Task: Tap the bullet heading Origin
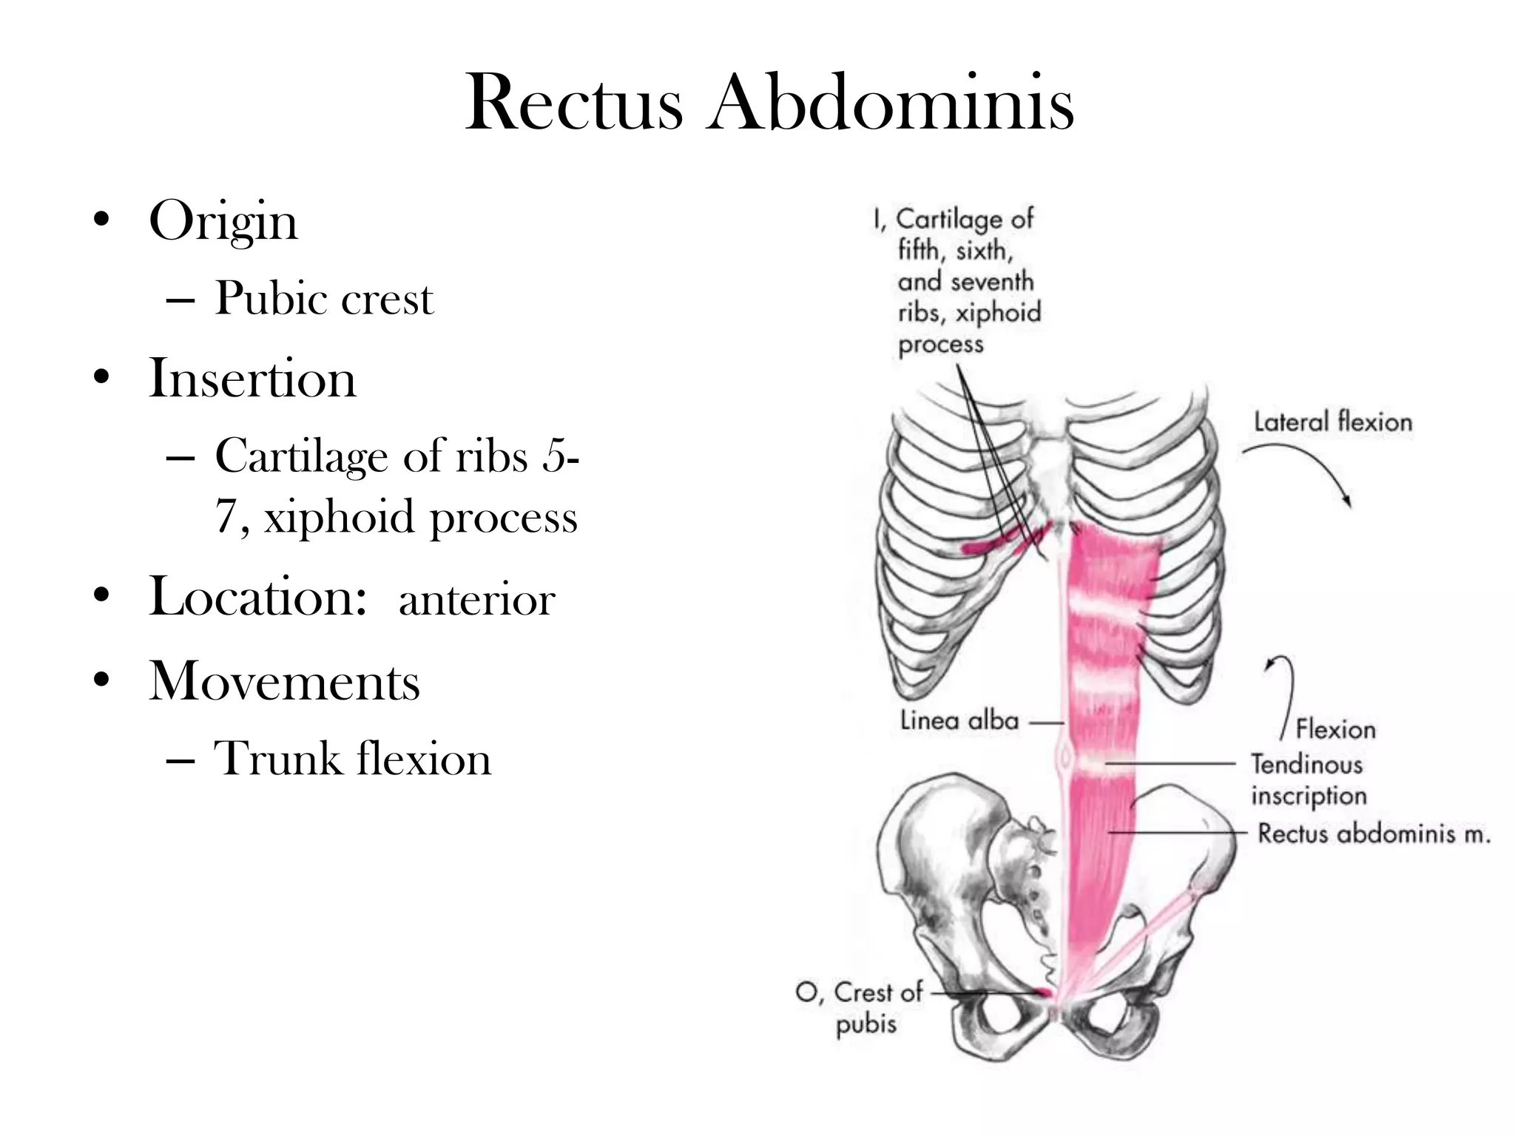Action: click(x=223, y=223)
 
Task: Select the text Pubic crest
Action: click(x=324, y=299)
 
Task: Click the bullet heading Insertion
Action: click(x=252, y=378)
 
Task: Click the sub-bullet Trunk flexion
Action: click(x=352, y=759)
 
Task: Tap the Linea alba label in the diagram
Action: click(x=959, y=720)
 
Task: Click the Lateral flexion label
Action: click(x=1333, y=422)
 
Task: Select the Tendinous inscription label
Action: click(x=1309, y=780)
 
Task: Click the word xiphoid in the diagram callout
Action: click(x=998, y=313)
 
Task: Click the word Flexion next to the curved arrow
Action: click(x=1336, y=730)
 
